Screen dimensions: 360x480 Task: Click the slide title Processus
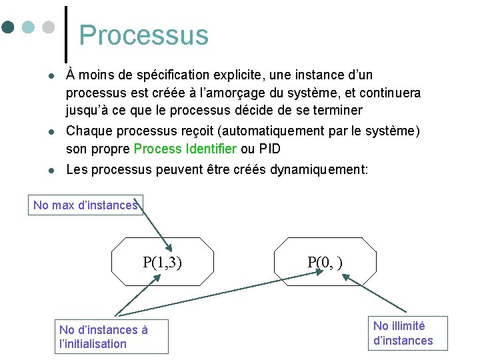click(x=143, y=35)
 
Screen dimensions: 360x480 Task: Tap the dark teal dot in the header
click(x=8, y=28)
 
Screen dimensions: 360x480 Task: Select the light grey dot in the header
click(x=47, y=28)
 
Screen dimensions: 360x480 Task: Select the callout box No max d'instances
click(x=85, y=205)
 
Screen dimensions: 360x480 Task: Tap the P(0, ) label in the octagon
click(x=325, y=262)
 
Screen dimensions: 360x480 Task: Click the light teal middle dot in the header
click(x=28, y=28)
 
